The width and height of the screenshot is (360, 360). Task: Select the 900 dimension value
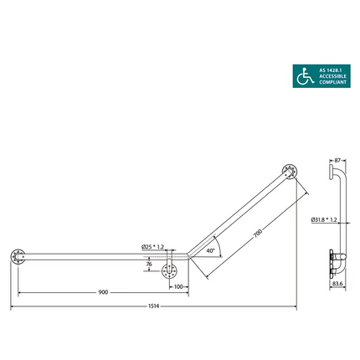[103, 292]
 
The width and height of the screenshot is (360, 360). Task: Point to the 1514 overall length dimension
[154, 306]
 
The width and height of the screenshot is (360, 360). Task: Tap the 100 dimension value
[178, 286]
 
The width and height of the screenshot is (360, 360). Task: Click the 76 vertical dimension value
[149, 265]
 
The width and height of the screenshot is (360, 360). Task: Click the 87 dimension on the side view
[337, 158]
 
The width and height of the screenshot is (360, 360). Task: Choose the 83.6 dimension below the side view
[338, 283]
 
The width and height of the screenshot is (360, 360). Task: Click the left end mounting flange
[17, 256]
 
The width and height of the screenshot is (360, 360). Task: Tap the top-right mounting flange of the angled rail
[290, 172]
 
